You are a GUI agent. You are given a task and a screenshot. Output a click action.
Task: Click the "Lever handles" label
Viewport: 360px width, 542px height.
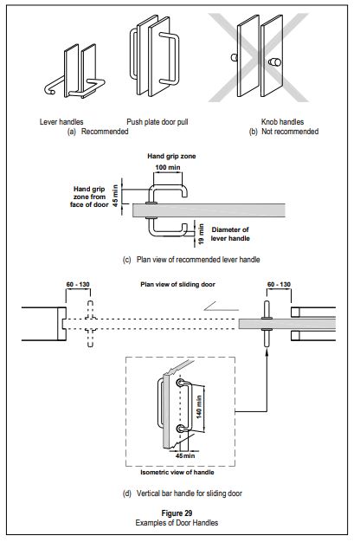[61, 122]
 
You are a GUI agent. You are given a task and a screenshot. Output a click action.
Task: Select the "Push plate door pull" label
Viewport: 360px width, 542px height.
[157, 122]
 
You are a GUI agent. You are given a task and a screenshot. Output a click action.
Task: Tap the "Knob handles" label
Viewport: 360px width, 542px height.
[282, 122]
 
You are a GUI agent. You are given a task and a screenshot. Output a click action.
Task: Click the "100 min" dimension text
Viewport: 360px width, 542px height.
[168, 168]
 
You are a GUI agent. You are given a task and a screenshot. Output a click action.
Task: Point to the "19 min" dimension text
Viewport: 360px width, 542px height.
[201, 235]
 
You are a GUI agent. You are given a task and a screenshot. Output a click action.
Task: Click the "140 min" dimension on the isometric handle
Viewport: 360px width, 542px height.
[199, 407]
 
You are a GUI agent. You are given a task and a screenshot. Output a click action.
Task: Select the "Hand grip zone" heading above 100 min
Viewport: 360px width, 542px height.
[171, 156]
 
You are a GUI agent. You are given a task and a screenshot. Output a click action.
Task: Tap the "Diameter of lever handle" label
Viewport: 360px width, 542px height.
[230, 234]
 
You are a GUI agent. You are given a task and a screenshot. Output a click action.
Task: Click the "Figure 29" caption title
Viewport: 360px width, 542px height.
[177, 513]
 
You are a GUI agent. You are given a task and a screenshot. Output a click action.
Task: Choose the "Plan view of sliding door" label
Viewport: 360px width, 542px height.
[177, 285]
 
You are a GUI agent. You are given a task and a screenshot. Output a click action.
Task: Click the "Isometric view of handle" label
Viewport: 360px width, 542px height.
[177, 472]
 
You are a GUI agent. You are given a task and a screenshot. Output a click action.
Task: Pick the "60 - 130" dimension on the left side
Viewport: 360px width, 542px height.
[78, 285]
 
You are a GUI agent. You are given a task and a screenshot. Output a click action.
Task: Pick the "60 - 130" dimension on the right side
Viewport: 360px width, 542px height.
[279, 285]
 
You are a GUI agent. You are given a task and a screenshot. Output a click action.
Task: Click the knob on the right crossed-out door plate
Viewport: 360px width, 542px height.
[274, 62]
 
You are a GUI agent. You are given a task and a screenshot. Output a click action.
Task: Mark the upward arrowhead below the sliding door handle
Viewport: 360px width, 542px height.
[267, 351]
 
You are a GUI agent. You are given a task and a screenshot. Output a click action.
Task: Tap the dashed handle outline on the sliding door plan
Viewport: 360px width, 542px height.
[90, 324]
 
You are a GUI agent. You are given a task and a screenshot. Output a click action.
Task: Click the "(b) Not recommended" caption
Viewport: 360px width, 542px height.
[284, 132]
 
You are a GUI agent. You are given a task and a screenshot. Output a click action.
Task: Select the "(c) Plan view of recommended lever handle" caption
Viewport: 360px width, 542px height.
[191, 260]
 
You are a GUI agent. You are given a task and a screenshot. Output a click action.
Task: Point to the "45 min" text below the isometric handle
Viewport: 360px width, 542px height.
[185, 456]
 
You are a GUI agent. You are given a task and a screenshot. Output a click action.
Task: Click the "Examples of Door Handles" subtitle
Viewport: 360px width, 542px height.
[177, 523]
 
